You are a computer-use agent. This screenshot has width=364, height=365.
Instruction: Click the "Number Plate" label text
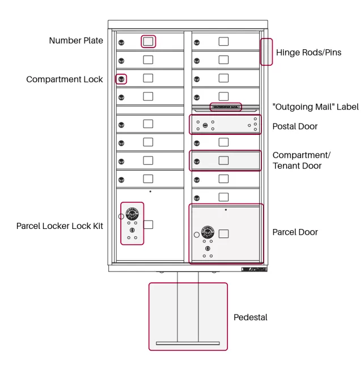click(x=76, y=41)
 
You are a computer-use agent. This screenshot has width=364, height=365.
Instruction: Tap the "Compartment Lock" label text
click(x=65, y=79)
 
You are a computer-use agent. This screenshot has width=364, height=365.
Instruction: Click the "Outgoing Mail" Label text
click(x=315, y=107)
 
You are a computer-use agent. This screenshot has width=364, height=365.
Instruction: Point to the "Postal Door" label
click(x=295, y=126)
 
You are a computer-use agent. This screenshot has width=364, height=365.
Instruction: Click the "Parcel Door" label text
click(x=295, y=232)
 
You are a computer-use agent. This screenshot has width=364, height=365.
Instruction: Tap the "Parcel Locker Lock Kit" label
click(x=60, y=226)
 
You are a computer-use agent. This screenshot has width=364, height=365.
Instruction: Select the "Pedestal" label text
click(x=250, y=317)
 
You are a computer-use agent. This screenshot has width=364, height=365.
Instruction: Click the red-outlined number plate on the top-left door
click(x=148, y=41)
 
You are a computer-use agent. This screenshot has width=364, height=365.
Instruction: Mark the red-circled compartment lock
click(x=121, y=79)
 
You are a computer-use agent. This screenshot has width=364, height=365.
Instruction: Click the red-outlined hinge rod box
click(x=266, y=52)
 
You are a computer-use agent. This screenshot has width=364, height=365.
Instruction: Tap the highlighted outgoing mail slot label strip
click(x=226, y=107)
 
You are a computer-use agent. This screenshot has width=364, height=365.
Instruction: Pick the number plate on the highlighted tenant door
click(x=224, y=160)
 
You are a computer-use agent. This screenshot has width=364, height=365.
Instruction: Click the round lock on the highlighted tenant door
click(x=196, y=161)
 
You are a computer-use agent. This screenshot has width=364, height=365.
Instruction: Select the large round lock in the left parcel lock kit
click(x=132, y=214)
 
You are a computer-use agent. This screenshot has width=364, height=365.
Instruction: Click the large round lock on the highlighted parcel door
click(x=208, y=232)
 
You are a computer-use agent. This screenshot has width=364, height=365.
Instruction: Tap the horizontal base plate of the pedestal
click(x=188, y=343)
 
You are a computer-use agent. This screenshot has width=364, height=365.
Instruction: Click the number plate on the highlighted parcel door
click(x=224, y=234)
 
